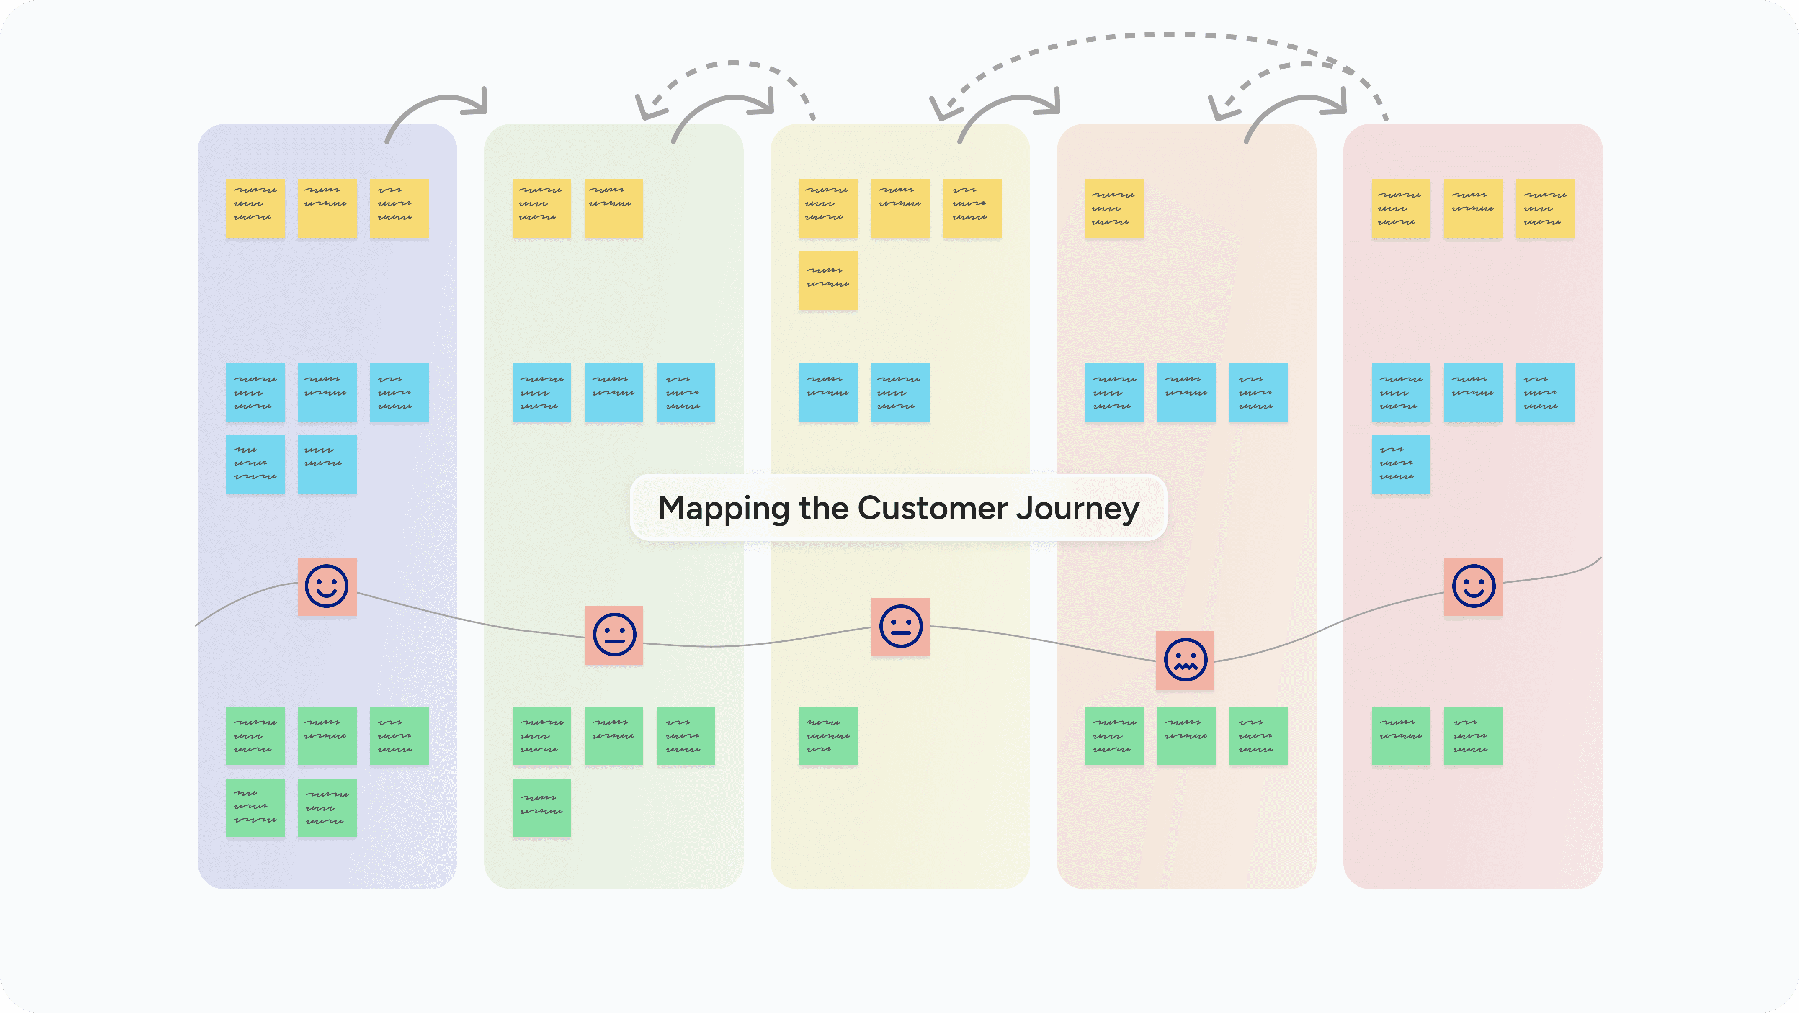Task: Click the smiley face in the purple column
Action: (327, 586)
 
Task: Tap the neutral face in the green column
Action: (614, 635)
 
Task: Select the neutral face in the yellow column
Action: (900, 626)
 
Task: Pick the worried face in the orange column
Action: (1185, 660)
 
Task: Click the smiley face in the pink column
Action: (1473, 586)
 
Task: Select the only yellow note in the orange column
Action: (1114, 209)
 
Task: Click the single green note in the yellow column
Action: (827, 736)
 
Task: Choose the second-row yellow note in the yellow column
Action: (827, 280)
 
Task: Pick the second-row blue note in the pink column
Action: (1400, 464)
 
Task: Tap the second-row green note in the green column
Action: (541, 808)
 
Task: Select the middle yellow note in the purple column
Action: (327, 209)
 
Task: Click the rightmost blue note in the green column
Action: (685, 392)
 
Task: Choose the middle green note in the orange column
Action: (1186, 736)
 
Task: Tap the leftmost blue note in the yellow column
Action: (827, 392)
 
